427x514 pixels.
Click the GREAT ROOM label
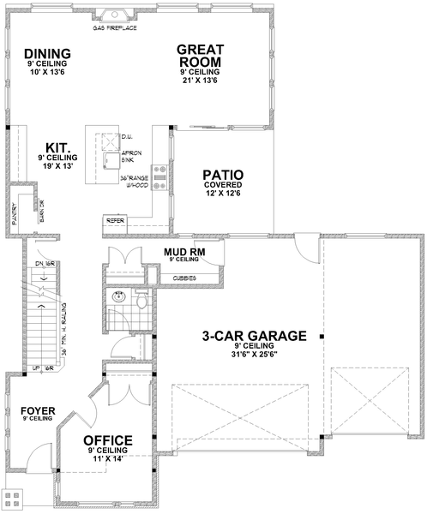click(x=200, y=55)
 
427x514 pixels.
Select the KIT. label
click(x=57, y=147)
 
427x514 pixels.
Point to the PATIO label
click(x=223, y=172)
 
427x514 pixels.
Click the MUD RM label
click(x=182, y=250)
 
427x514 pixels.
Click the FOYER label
click(x=38, y=411)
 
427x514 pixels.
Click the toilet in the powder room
click(x=141, y=302)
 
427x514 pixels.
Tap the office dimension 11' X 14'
click(x=107, y=458)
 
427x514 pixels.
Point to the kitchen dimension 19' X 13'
click(x=57, y=167)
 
